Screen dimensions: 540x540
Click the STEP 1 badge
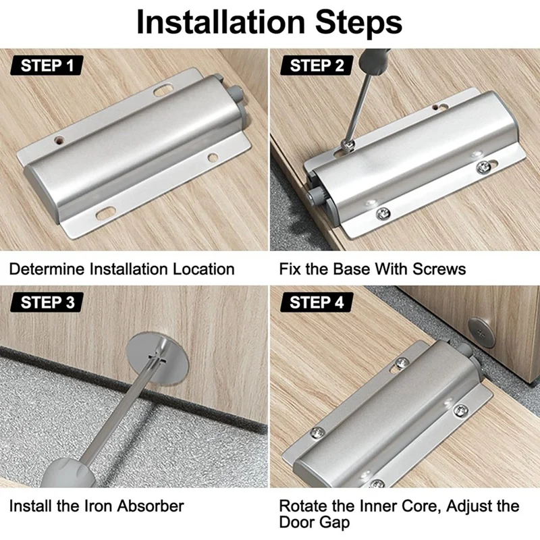tap(47, 65)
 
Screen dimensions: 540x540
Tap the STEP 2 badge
tap(317, 65)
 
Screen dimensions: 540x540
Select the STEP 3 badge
tap(47, 302)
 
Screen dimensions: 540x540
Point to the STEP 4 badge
tap(317, 302)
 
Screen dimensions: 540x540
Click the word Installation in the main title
tap(221, 22)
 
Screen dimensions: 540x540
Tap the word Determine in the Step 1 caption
tap(47, 269)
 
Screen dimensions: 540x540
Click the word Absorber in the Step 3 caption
tap(151, 506)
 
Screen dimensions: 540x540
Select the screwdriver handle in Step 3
tap(67, 473)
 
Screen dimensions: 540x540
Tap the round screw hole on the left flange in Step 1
tap(59, 140)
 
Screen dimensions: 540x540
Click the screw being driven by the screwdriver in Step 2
tap(348, 145)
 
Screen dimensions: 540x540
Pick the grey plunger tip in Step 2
tap(313, 197)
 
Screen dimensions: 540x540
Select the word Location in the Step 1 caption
tap(204, 269)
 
